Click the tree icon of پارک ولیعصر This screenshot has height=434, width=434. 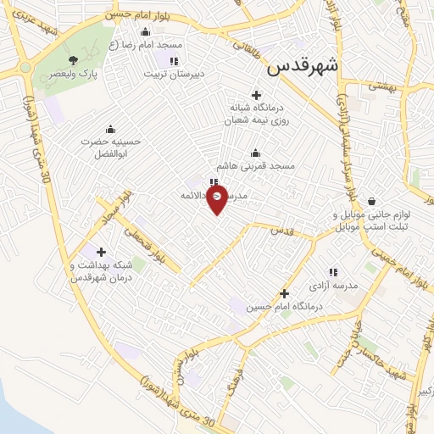coord(74,59)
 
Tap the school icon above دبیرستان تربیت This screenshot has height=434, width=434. coord(174,61)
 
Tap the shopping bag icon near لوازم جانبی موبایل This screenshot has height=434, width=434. coord(373,201)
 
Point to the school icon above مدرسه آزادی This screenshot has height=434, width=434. coord(333,273)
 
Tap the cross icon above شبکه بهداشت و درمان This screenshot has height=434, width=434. coord(102,251)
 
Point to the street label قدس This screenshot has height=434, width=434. coord(285,230)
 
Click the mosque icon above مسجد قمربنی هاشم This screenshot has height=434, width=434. coord(255,153)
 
